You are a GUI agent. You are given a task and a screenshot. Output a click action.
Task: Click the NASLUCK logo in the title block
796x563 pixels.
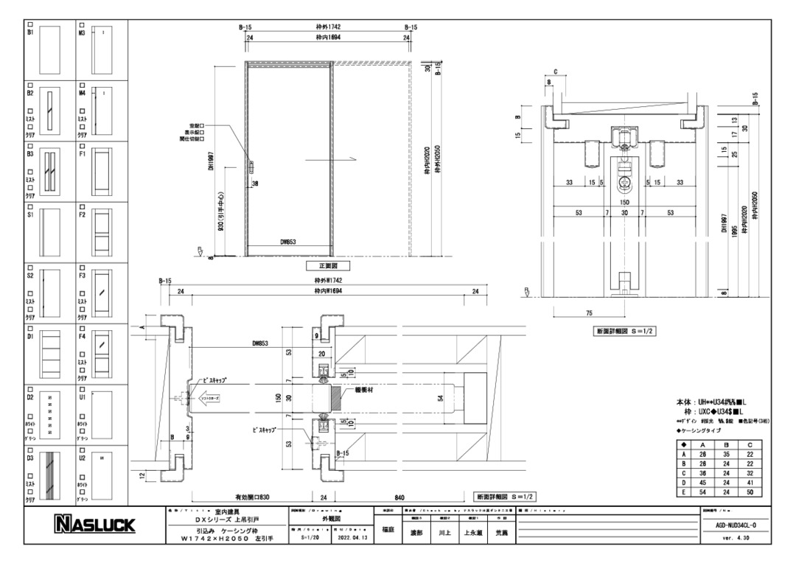[x=92, y=525]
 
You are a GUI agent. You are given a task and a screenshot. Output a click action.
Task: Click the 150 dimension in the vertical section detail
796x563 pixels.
[x=624, y=201]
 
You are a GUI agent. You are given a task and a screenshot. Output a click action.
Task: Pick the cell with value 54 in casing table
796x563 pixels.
[x=703, y=492]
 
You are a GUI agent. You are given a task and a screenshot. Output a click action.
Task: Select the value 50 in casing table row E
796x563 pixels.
[x=750, y=492]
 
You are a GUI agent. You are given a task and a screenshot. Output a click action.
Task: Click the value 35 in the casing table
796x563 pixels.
[x=726, y=455]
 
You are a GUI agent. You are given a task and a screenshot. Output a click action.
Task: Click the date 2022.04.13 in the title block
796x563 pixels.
[x=352, y=538]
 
